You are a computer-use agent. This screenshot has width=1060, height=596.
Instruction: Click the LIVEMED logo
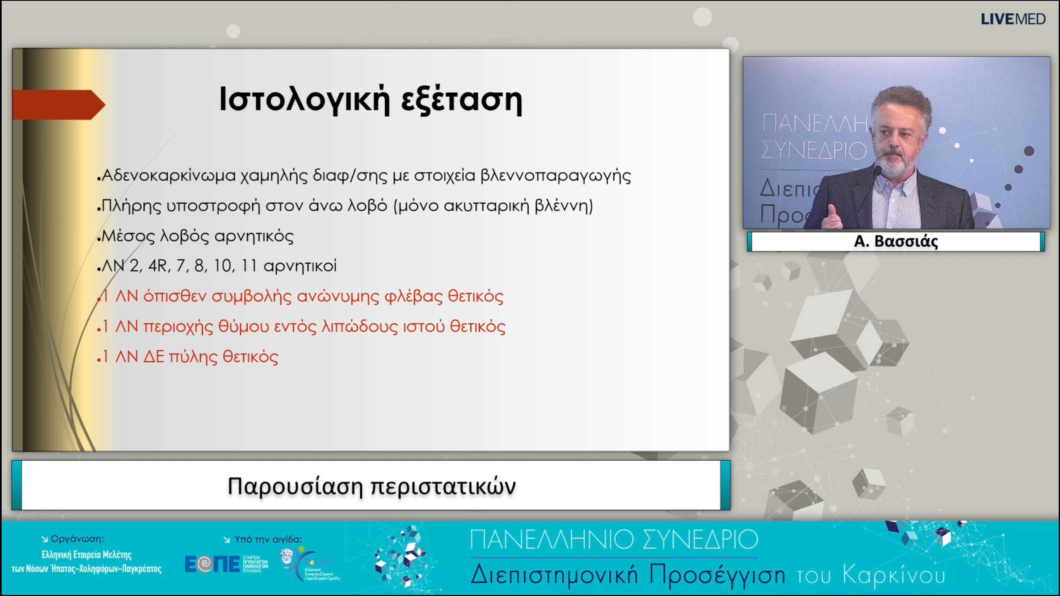pyautogui.click(x=1013, y=19)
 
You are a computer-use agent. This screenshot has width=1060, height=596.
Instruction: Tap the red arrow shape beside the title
pyautogui.click(x=58, y=105)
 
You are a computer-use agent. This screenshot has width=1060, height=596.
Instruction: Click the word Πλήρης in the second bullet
pyautogui.click(x=131, y=206)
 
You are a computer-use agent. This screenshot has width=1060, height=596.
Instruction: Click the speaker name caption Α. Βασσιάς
pyautogui.click(x=896, y=241)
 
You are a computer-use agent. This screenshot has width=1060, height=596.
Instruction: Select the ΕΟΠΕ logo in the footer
pyautogui.click(x=212, y=564)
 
